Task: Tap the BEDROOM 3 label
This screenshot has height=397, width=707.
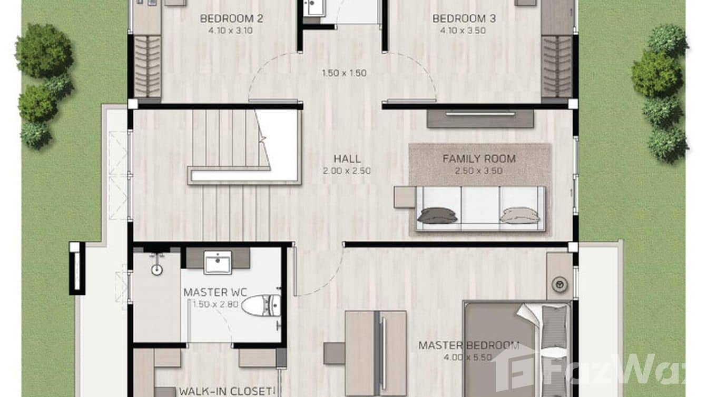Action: point(456,19)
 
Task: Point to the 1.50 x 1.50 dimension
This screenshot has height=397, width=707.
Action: point(344,73)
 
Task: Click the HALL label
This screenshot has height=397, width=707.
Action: point(347,158)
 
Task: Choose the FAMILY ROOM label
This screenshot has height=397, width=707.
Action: point(479,158)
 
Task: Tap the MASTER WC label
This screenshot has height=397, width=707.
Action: point(215,292)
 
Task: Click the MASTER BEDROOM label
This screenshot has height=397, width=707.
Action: point(468,345)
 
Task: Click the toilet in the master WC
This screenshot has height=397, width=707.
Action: point(261,305)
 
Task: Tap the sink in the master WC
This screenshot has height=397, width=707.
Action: point(218,262)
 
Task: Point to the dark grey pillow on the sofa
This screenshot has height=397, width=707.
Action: point(437,215)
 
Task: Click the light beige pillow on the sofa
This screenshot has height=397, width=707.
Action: point(519,215)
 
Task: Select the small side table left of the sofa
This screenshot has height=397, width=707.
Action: point(405,197)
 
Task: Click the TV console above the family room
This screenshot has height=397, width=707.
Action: point(480,118)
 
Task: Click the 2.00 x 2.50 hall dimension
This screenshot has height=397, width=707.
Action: point(347,171)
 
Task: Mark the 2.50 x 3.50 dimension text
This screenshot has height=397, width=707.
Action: point(479,171)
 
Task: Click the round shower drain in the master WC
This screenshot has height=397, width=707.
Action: point(156,270)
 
